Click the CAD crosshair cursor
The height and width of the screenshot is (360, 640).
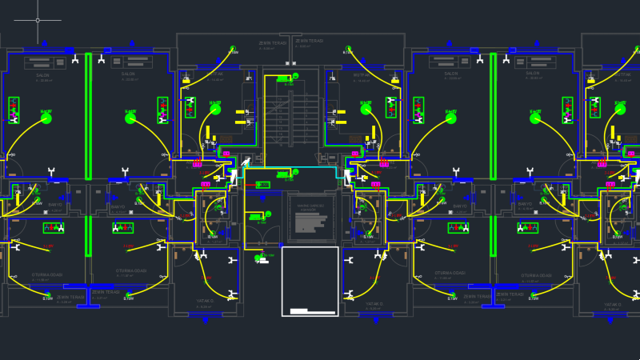tap(38, 20)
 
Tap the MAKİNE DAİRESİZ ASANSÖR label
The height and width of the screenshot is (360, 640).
tap(310, 206)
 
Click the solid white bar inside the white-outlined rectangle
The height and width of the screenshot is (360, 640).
tap(299, 310)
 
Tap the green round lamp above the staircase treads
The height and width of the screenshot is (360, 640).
tap(295, 76)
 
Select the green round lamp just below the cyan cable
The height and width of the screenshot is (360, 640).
tap(295, 172)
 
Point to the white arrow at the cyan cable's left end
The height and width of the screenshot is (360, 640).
tap(235, 175)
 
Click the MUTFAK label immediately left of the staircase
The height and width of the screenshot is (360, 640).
tap(215, 74)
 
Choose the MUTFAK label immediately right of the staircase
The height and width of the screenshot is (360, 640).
tap(362, 74)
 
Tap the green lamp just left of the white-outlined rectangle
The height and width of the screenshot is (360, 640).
tap(258, 258)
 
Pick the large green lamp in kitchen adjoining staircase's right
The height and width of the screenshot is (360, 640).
tap(366, 110)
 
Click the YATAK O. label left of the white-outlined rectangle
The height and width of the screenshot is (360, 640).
tap(205, 303)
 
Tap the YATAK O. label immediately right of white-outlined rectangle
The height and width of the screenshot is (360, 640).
tap(374, 304)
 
